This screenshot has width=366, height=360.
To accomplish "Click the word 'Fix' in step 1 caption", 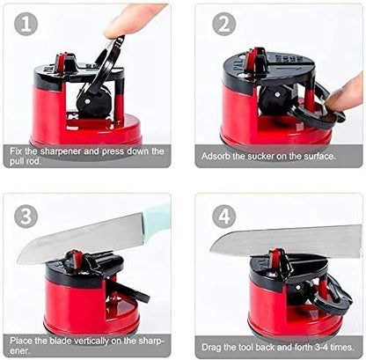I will click(x=20, y=151).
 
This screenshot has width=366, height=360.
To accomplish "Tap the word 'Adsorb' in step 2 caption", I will click(x=216, y=156).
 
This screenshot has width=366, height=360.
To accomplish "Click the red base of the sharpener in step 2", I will click(x=255, y=119).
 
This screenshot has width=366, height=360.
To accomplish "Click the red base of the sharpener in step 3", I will click(x=75, y=304).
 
